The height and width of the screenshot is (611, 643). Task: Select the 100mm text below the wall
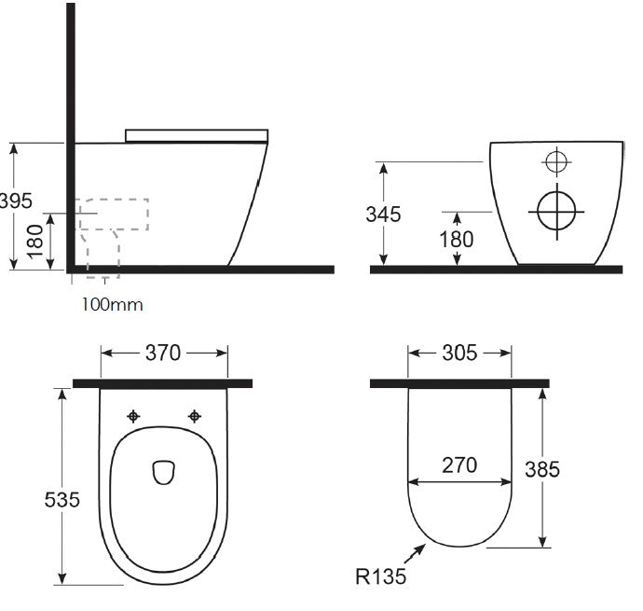112,304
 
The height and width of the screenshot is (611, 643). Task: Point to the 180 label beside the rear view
456,239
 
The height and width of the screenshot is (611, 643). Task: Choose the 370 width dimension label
164,353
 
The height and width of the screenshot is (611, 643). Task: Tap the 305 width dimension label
458,353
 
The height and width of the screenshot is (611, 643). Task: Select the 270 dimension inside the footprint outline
458,465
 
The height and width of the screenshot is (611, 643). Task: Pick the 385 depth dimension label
541,469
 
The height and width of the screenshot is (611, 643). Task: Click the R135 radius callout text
380,577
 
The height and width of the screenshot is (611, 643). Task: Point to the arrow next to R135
413,553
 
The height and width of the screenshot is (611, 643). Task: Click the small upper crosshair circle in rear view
555,161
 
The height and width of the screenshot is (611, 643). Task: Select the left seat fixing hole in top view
134,415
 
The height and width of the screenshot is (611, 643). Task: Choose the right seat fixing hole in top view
195,415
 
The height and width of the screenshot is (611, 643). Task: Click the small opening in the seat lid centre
163,472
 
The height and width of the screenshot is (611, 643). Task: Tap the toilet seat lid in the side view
197,135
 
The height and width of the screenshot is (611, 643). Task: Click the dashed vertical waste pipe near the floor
103,254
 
